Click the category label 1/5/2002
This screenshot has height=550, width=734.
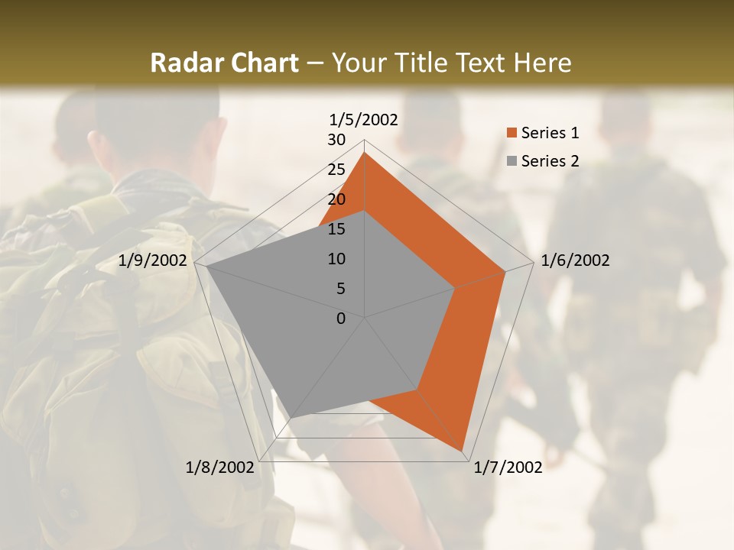(363, 120)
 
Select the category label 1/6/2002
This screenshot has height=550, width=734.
(575, 260)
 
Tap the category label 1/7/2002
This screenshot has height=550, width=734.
(508, 467)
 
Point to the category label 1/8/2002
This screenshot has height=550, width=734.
(220, 467)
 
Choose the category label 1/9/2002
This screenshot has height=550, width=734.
(153, 260)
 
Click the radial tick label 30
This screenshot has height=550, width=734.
(336, 140)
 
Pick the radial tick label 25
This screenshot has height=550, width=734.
(336, 170)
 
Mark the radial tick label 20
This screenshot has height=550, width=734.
(336, 199)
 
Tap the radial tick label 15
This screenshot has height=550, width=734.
(336, 229)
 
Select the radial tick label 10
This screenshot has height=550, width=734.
(336, 259)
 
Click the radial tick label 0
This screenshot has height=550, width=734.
(341, 319)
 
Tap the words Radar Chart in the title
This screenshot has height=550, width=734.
(224, 63)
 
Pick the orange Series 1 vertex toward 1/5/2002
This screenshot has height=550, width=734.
(365, 153)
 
